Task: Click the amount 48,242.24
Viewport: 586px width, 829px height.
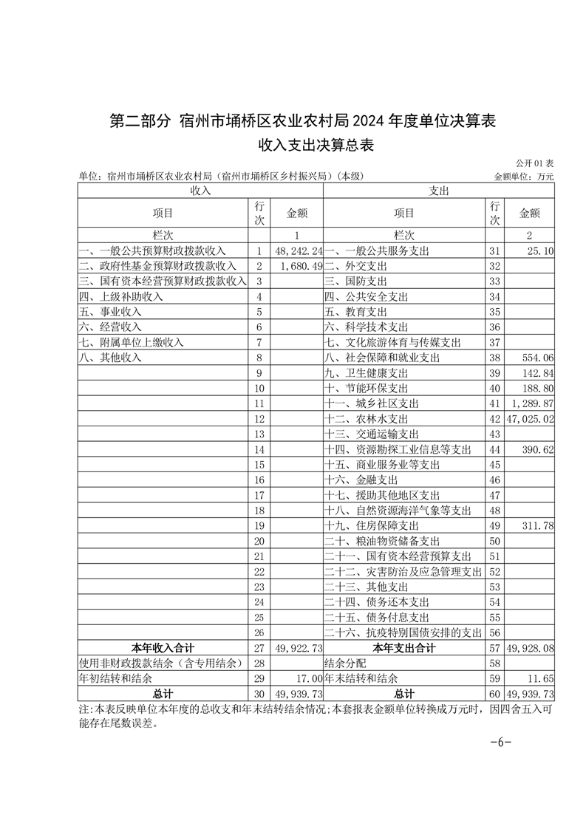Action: [298, 251]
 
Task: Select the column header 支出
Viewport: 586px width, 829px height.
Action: [439, 191]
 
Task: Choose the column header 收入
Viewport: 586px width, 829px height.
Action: [200, 191]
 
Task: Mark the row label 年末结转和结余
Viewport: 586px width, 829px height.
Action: [361, 678]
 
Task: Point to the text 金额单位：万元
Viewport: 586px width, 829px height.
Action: [524, 177]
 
